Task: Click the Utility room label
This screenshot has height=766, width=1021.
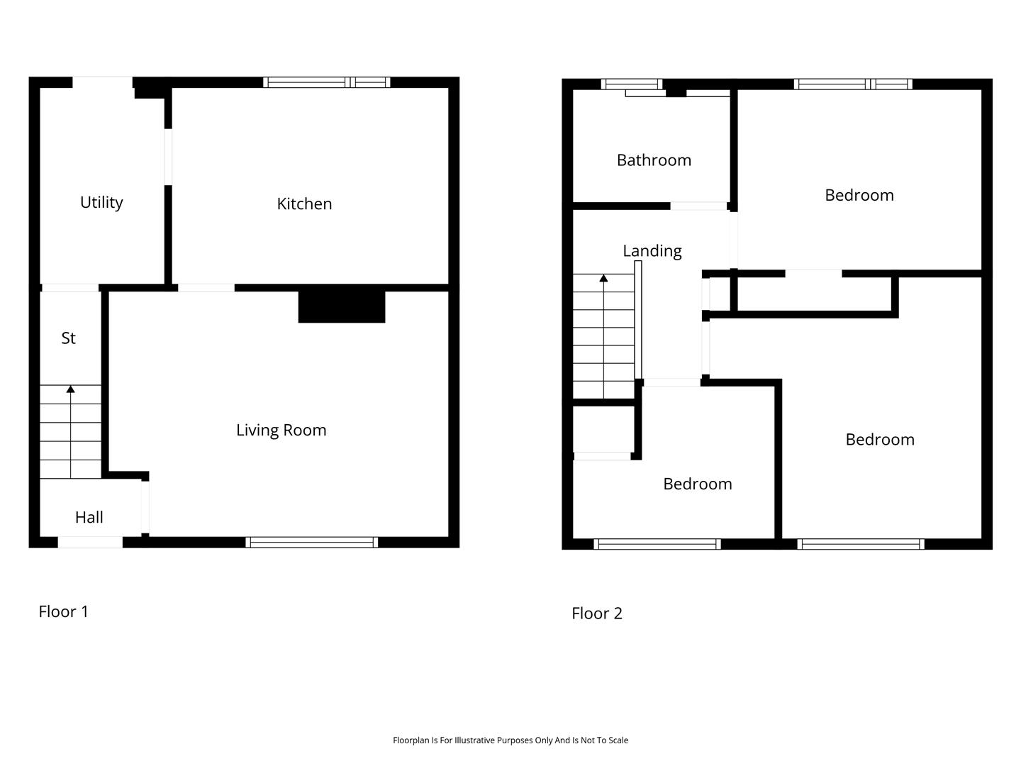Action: click(101, 203)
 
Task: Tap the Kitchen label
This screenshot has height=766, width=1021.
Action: click(304, 204)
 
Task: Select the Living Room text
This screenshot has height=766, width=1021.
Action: click(281, 431)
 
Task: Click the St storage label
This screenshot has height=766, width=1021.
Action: click(68, 338)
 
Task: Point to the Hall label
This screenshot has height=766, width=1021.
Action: click(89, 517)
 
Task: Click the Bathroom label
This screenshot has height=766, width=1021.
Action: click(654, 160)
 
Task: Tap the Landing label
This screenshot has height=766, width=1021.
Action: click(652, 251)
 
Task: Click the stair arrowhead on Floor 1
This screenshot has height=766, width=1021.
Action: click(70, 389)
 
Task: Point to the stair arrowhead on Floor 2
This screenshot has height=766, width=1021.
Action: click(603, 278)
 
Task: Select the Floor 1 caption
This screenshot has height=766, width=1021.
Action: click(63, 611)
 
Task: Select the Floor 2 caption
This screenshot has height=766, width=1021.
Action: click(597, 614)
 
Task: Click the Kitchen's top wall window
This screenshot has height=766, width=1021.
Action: click(327, 82)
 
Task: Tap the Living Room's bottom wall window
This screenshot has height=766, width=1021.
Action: click(312, 543)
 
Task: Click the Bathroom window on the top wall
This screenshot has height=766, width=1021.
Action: click(632, 84)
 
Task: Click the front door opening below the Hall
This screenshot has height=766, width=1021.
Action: click(90, 543)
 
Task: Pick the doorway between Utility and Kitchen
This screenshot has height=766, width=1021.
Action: click(168, 157)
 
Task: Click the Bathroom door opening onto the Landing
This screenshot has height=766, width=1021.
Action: click(698, 206)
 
